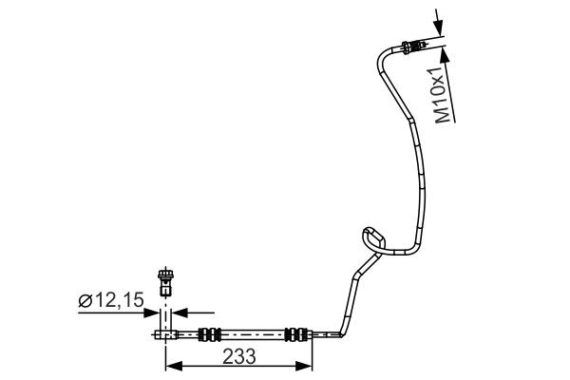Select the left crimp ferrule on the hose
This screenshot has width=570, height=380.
pos(209,333)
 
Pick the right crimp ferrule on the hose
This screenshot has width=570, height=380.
pos(296,333)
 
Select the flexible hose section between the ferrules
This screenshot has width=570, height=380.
pos(253,333)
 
